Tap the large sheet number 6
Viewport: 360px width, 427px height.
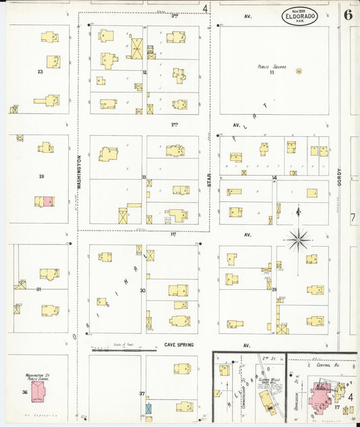coord(347,15)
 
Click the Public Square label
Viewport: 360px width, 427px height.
coord(269,67)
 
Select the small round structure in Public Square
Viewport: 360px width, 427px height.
coord(299,71)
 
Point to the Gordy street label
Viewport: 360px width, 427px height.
coord(340,178)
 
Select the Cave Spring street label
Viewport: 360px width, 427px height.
coord(178,345)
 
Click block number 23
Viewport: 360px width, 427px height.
coord(41,70)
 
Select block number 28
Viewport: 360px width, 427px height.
coord(41,176)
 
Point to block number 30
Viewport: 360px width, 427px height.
coord(143,291)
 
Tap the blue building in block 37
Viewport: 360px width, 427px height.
coord(149,409)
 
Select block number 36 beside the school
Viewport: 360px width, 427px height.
coord(24,393)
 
